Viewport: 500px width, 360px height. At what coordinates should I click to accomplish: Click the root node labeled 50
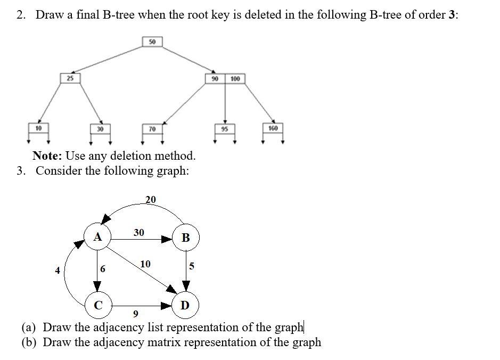[152, 42]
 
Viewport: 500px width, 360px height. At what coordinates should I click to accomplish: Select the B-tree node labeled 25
[70, 78]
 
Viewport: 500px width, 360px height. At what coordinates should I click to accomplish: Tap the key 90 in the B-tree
[215, 79]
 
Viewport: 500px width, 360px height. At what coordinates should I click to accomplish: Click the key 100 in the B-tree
[235, 79]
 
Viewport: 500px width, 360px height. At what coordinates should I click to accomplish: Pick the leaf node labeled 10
[38, 128]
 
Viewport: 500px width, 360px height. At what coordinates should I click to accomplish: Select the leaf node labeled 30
[100, 129]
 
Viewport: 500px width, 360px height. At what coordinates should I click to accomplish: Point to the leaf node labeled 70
[152, 129]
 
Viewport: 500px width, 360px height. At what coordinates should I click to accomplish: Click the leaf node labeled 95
[224, 129]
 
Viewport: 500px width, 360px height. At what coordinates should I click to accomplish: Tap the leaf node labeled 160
[273, 128]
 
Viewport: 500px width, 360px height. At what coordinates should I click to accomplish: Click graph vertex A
[97, 237]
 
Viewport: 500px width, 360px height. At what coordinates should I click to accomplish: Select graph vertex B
[185, 238]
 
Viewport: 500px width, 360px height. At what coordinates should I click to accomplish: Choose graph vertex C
[98, 305]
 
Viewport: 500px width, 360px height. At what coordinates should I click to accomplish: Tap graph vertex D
[185, 305]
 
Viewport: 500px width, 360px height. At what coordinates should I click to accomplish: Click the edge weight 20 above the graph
[151, 199]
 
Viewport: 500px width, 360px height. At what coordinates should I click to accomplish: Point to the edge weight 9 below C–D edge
[136, 313]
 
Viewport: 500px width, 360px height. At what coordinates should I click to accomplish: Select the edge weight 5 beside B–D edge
[192, 265]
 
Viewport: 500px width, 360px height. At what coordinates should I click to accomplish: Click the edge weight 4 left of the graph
[58, 270]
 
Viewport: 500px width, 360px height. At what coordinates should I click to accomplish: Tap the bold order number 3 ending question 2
[452, 14]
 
